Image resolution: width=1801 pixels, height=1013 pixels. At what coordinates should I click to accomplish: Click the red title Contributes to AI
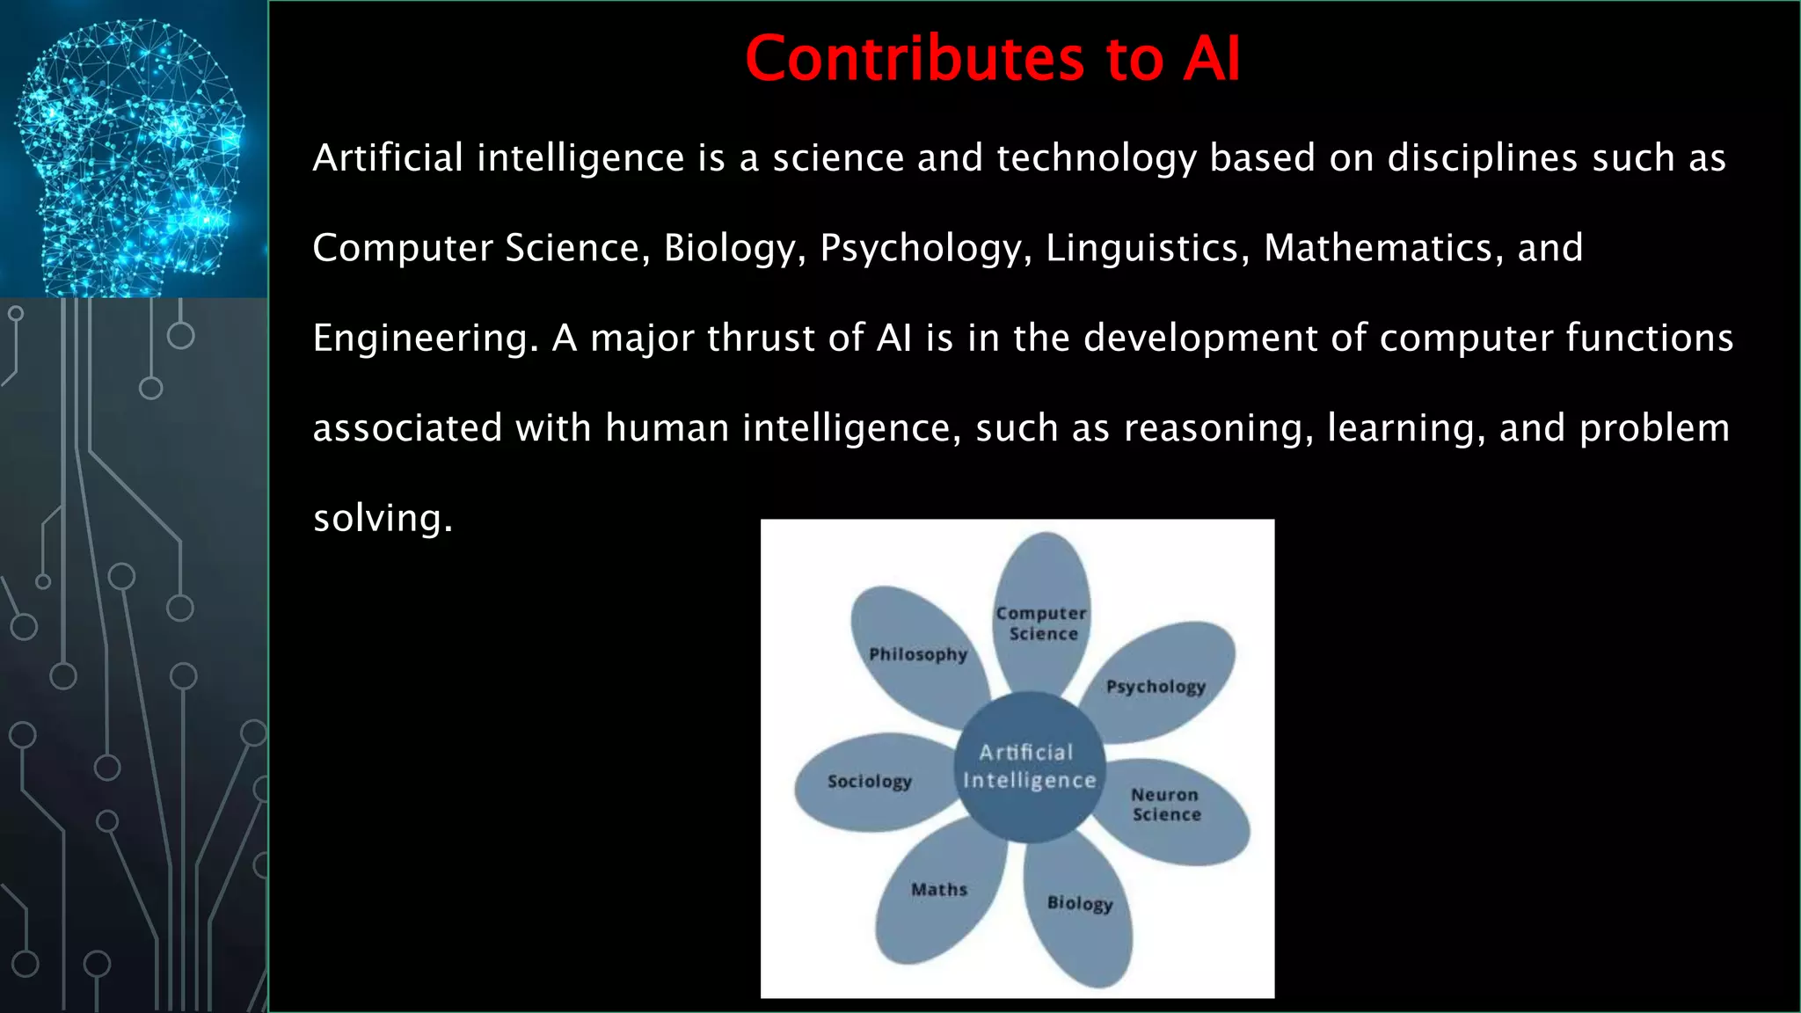pos(992,59)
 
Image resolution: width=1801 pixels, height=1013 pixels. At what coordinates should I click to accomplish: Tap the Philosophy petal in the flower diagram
pos(917,654)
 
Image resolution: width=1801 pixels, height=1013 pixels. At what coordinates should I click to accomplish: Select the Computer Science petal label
pos(1041,623)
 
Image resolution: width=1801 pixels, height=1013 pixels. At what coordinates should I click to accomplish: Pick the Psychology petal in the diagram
pos(1156,686)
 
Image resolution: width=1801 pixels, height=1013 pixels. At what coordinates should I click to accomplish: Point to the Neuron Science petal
pos(1166,805)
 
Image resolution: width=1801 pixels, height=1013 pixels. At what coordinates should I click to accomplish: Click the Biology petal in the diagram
pos(1080,903)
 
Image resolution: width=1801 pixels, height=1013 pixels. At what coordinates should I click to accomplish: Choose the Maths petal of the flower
pos(938,890)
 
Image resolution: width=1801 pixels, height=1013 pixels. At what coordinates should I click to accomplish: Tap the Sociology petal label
pos(869,781)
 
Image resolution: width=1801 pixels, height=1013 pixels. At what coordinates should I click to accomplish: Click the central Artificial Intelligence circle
pos(1029,766)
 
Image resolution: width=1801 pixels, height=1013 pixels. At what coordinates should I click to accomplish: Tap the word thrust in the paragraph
pos(762,339)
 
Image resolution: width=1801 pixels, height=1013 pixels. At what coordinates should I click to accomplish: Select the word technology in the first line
pos(1096,159)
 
